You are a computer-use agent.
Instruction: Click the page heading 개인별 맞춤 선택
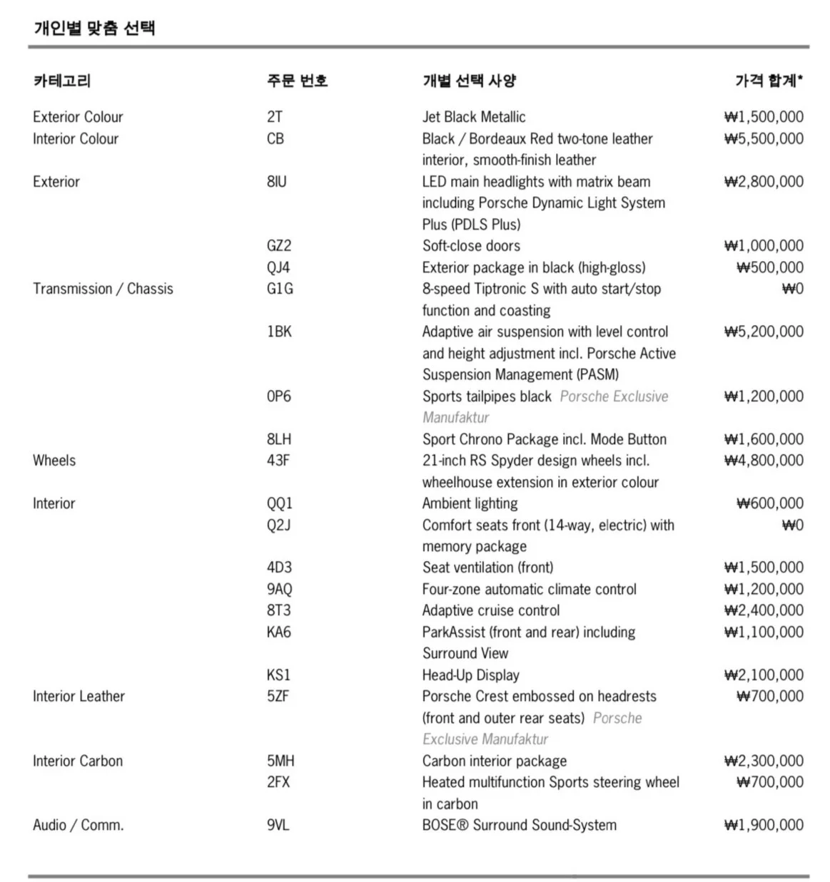point(94,28)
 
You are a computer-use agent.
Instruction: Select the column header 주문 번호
point(297,81)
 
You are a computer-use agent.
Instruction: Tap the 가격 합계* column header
point(769,81)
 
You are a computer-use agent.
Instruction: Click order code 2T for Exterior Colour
point(275,117)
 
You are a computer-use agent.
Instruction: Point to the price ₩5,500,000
point(763,138)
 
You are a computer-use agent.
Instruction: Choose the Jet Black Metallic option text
point(473,117)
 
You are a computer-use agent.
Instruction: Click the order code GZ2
point(279,246)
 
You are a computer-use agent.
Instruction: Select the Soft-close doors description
point(471,246)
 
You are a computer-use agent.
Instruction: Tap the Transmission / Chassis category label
point(103,289)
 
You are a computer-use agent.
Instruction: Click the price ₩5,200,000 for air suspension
point(763,332)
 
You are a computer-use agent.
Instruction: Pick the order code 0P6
point(279,396)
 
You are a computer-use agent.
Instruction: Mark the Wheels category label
point(54,461)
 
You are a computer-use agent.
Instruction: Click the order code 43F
point(278,461)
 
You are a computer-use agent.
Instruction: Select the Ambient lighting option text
point(470,503)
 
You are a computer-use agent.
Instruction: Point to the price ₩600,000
point(769,503)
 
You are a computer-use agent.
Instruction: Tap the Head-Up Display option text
point(470,675)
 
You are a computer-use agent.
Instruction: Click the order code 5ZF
point(278,696)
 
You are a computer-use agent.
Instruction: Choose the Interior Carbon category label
point(78,761)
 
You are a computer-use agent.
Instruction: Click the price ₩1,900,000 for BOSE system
point(763,825)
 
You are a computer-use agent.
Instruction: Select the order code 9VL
point(278,825)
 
